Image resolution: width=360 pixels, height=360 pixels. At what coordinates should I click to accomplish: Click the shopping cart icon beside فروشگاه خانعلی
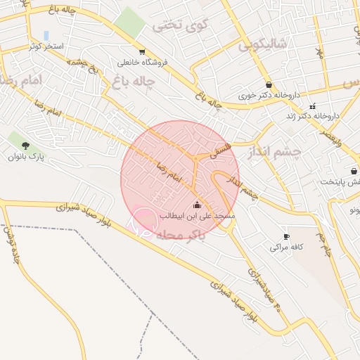(x=143, y=52)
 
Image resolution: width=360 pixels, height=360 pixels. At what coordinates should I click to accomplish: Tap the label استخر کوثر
(x=45, y=46)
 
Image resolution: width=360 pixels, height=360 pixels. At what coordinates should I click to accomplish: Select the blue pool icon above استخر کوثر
(x=46, y=35)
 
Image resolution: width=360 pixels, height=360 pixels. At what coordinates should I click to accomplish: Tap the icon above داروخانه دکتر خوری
(x=269, y=84)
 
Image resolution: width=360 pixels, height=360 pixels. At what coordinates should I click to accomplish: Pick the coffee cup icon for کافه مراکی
(x=286, y=236)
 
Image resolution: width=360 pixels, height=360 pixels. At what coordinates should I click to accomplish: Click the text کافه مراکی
(x=286, y=247)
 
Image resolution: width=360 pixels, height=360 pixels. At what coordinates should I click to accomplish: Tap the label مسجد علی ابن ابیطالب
(x=197, y=216)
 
